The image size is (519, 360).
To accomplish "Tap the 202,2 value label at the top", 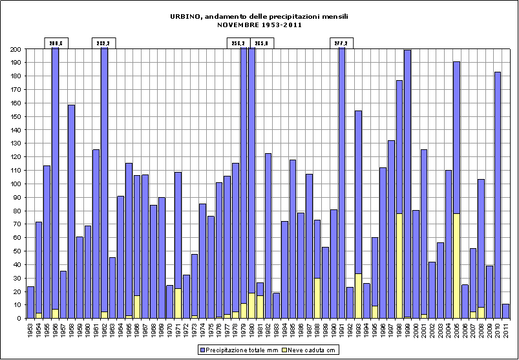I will [103, 43].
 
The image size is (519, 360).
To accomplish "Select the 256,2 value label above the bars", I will [238, 43].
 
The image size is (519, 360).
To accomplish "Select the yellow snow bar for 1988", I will [317, 298].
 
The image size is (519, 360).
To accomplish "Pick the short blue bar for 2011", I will [506, 311].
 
